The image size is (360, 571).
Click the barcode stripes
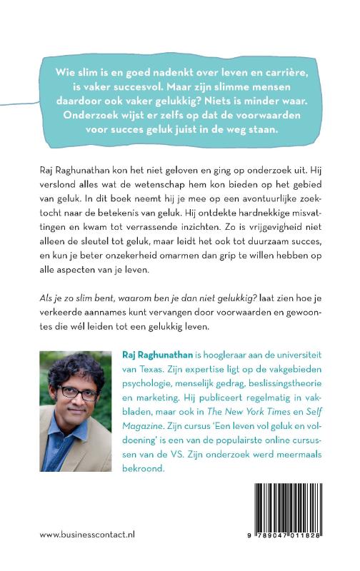[288, 519]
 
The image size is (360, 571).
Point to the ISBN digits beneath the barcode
[288, 552]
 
